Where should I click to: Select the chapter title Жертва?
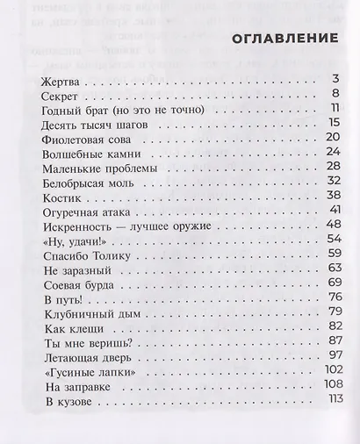click(x=61, y=81)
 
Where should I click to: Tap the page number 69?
click(x=333, y=281)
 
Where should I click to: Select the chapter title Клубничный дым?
click(x=86, y=312)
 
